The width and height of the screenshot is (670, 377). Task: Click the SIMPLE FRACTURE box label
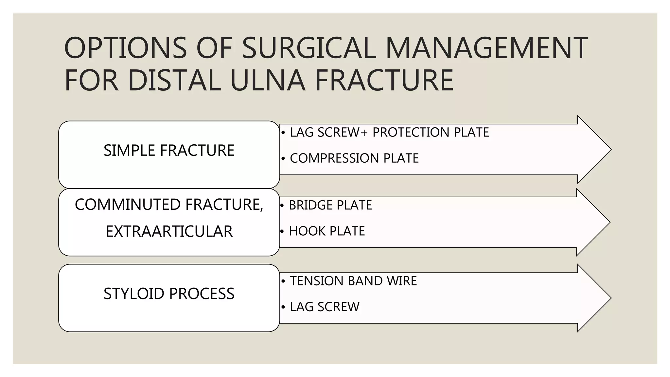click(169, 151)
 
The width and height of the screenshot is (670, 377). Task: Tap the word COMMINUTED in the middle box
click(128, 205)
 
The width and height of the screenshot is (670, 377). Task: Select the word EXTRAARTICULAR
click(169, 231)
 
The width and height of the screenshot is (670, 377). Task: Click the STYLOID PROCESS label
click(169, 294)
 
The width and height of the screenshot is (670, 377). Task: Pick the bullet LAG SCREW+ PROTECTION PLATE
click(389, 132)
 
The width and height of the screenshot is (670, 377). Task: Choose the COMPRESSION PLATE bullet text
click(354, 158)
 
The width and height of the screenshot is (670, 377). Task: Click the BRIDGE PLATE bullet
click(330, 205)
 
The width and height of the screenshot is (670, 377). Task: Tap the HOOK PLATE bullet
click(326, 231)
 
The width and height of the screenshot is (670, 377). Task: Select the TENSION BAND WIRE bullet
click(353, 281)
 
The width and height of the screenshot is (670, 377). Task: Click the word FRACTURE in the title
click(384, 80)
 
